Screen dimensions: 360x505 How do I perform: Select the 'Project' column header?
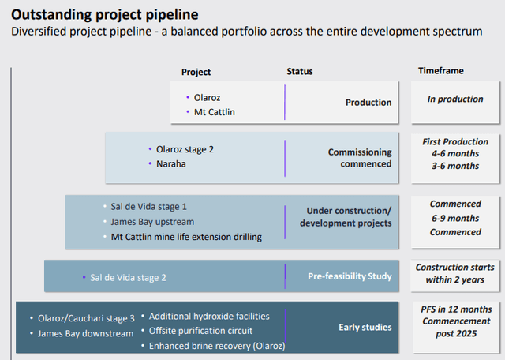tap(196, 72)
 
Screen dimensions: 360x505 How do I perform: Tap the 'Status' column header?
tap(299, 72)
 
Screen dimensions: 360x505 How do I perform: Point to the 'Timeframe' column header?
tap(440, 71)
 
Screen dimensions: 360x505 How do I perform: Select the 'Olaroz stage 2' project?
tap(185, 148)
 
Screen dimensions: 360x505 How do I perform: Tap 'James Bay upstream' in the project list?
tap(152, 222)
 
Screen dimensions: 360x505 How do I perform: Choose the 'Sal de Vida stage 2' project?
tap(128, 277)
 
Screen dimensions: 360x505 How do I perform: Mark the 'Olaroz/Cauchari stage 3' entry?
tap(86, 319)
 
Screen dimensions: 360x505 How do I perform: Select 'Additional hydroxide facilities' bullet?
tap(209, 316)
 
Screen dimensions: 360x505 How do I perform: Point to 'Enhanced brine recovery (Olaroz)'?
tap(216, 346)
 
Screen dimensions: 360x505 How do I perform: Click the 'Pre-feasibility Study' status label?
tap(350, 276)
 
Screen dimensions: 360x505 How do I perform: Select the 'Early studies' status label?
tap(365, 327)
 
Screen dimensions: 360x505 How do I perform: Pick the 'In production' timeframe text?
tap(455, 99)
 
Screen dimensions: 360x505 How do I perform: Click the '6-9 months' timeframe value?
tap(455, 218)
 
